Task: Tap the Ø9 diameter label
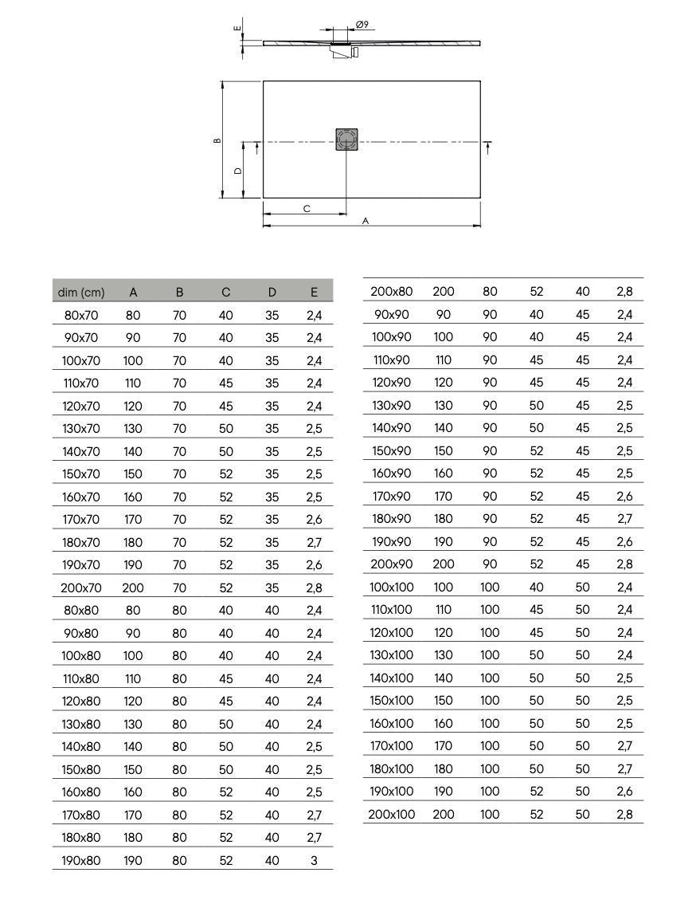pyautogui.click(x=361, y=26)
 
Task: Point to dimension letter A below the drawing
pyautogui.click(x=366, y=221)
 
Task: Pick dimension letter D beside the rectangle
pyautogui.click(x=237, y=171)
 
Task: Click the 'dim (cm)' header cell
pyautogui.click(x=81, y=293)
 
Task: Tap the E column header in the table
pyautogui.click(x=314, y=293)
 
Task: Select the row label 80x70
pyautogui.click(x=80, y=315)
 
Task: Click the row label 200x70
pyautogui.click(x=80, y=588)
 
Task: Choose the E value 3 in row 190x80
pyautogui.click(x=314, y=860)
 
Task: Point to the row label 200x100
pyautogui.click(x=392, y=814)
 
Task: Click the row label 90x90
pyautogui.click(x=392, y=314)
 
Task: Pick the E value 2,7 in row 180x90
pyautogui.click(x=624, y=518)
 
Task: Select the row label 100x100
pyautogui.click(x=392, y=587)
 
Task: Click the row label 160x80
pyautogui.click(x=80, y=792)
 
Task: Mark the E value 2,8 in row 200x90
pyautogui.click(x=624, y=564)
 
